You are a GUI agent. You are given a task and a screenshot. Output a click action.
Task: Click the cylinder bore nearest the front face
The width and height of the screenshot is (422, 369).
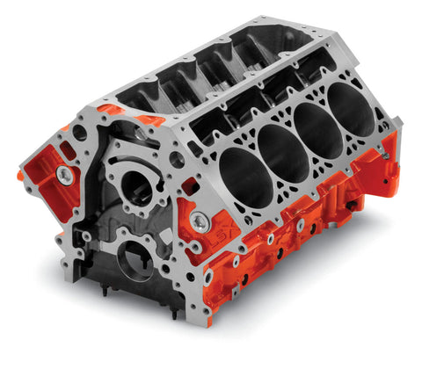(x=242, y=176)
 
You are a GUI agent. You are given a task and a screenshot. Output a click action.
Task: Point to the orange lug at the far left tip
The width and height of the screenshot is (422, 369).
(x=19, y=174)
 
